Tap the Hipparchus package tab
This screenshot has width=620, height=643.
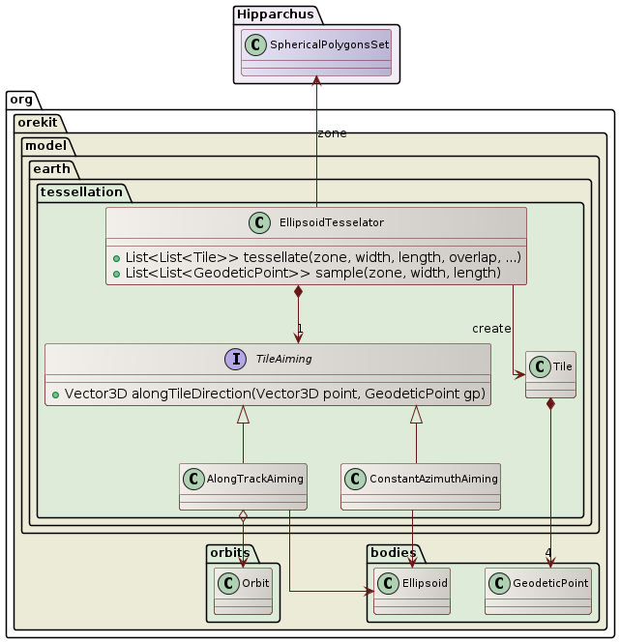click(x=267, y=14)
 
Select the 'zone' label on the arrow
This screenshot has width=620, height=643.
click(x=332, y=133)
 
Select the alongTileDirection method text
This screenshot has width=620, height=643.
click(x=268, y=393)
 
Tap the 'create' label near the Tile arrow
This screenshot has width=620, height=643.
click(x=491, y=329)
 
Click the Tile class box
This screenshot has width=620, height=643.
click(x=550, y=374)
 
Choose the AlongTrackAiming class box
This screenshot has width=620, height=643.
click(x=243, y=486)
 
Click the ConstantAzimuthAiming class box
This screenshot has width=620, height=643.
click(x=421, y=486)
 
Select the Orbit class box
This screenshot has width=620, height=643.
click(x=242, y=591)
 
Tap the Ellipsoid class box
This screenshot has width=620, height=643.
click(x=412, y=591)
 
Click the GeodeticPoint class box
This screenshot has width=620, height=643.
click(x=537, y=591)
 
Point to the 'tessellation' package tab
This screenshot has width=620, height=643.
click(x=80, y=192)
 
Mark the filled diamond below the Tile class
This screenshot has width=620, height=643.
click(x=550, y=405)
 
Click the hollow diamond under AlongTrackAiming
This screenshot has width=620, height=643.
click(x=243, y=517)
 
